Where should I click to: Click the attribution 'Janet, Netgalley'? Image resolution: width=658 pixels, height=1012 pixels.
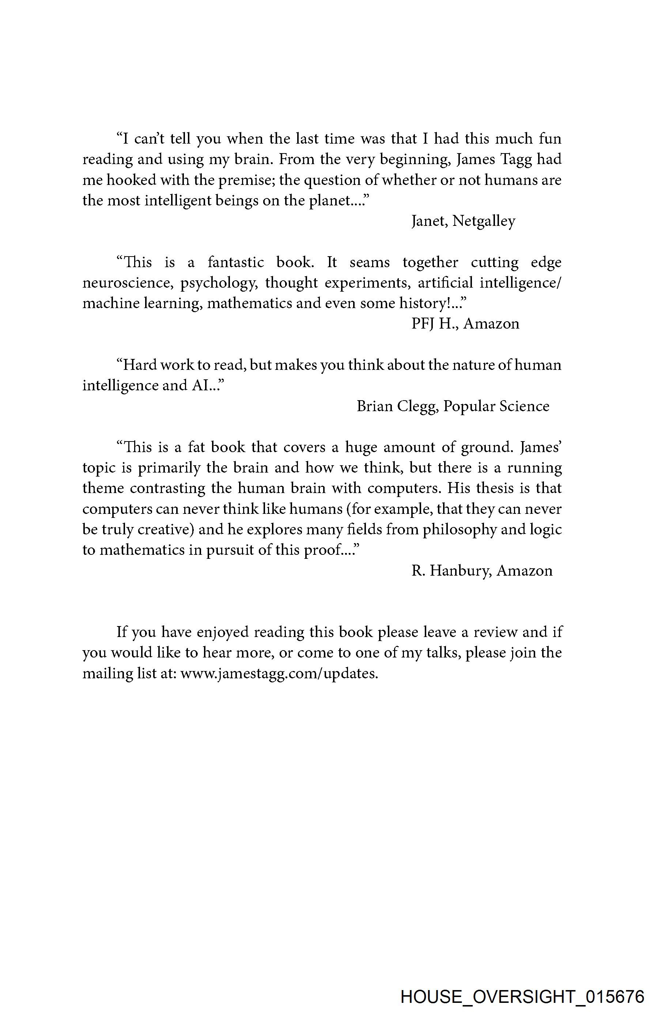pos(463,221)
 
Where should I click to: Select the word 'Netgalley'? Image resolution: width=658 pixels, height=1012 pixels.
pos(484,221)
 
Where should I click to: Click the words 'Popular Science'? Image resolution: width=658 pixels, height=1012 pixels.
pos(496,406)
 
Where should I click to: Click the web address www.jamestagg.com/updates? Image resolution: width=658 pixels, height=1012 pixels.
pos(279,674)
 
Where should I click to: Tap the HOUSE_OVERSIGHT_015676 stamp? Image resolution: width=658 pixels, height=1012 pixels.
pos(522,996)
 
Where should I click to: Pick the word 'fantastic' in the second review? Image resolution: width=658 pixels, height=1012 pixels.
pos(236,262)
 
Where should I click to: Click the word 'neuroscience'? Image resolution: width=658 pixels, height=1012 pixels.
pos(128,283)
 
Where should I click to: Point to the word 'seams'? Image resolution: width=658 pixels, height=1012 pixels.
pos(369,262)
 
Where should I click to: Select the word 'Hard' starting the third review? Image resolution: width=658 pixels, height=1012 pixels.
pos(133,365)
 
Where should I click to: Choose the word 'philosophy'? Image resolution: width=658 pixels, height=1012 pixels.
pos(460,530)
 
